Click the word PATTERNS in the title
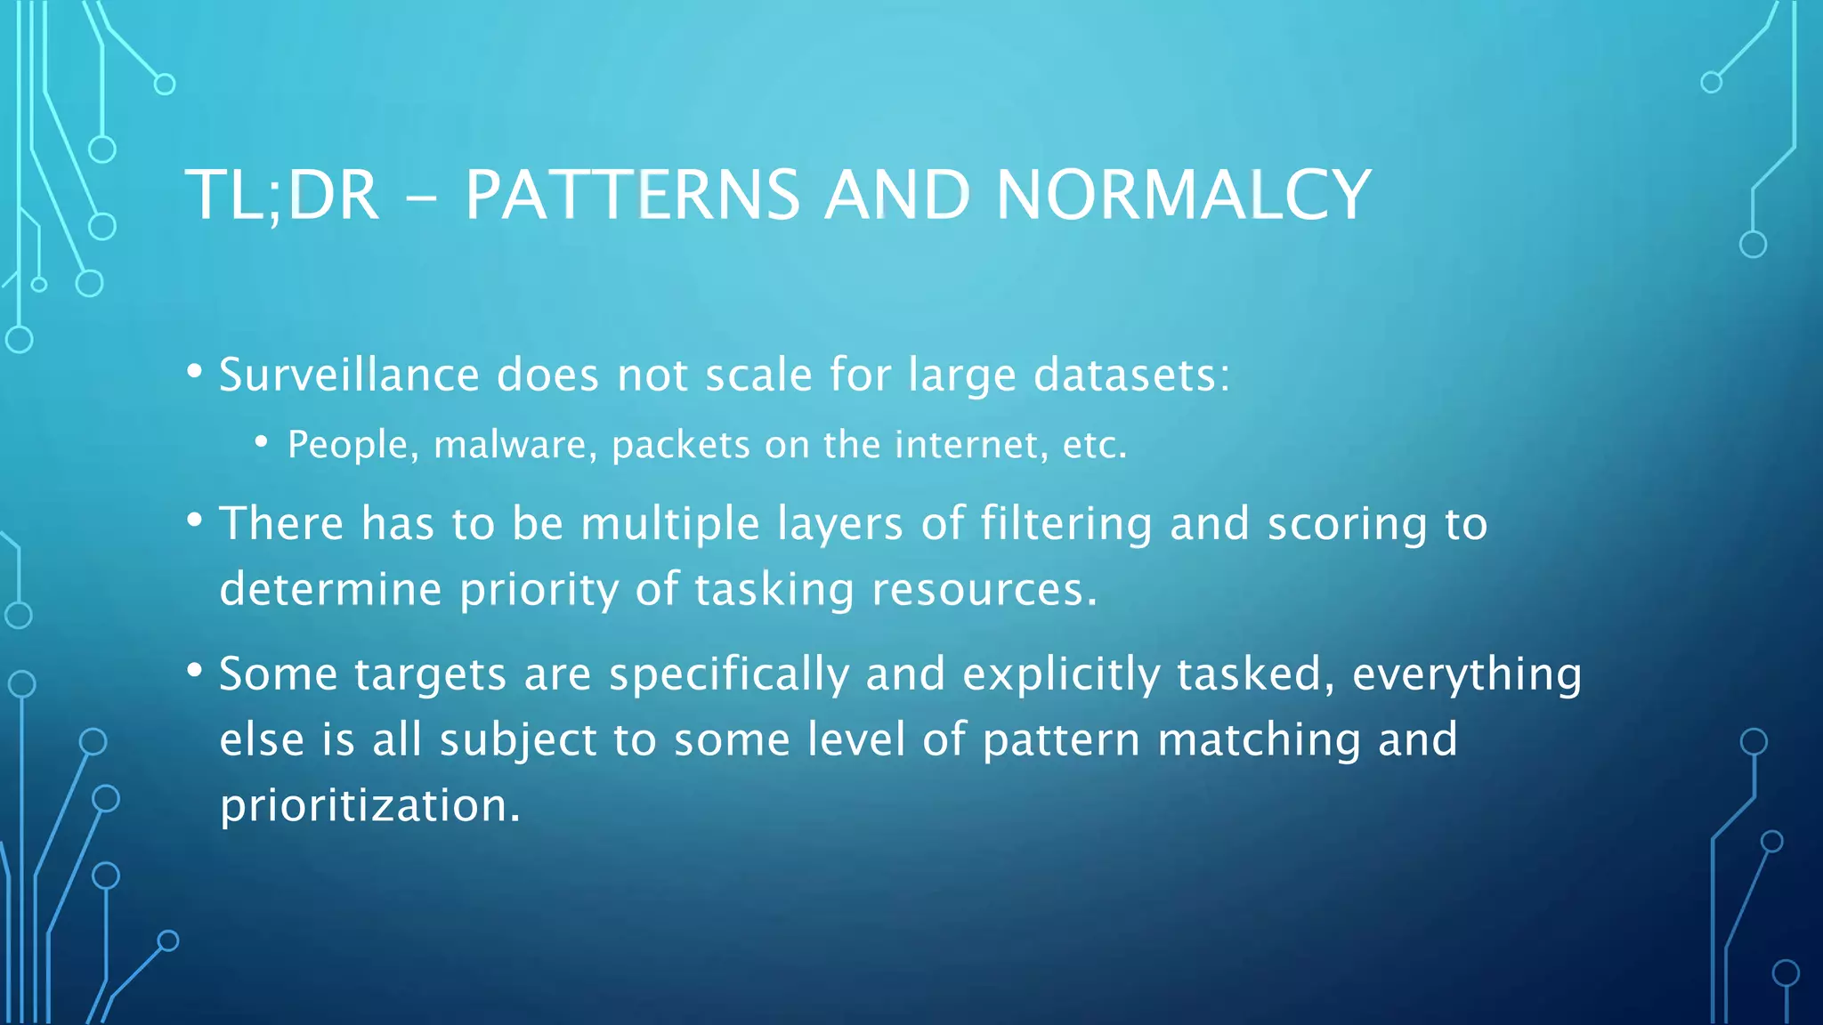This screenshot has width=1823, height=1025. tap(632, 195)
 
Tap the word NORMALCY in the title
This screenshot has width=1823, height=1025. tap(1183, 195)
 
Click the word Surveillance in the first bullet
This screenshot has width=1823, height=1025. tap(349, 375)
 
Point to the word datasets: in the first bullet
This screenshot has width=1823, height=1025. tap(1131, 375)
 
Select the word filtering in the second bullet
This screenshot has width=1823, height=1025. tap(1065, 524)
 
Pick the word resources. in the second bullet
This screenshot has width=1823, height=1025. tap(984, 590)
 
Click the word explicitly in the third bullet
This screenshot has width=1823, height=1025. tap(1061, 674)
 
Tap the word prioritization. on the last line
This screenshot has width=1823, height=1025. tap(369, 806)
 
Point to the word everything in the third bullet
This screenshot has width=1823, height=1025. tap(1467, 674)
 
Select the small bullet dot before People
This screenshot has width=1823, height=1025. tap(261, 442)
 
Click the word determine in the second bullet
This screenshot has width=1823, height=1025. tap(330, 590)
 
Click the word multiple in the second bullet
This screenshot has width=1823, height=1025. tap(669, 524)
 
